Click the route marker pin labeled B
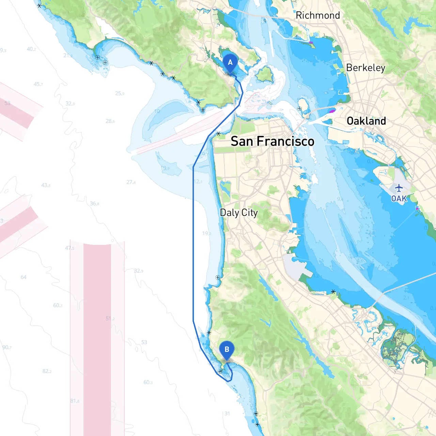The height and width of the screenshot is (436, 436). click(x=227, y=350)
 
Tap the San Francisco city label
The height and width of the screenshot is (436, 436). click(x=272, y=141)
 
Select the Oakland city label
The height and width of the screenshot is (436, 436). click(x=366, y=121)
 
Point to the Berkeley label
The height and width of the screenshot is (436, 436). click(x=365, y=68)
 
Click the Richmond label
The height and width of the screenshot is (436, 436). click(x=317, y=15)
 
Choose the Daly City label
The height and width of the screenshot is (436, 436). click(x=239, y=213)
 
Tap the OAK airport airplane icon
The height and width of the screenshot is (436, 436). click(x=399, y=188)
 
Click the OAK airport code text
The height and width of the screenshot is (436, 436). click(x=399, y=199)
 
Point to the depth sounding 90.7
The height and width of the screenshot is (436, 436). click(x=7, y=347)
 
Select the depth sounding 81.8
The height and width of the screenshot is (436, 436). click(x=75, y=401)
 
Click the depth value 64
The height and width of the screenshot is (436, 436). click(x=24, y=277)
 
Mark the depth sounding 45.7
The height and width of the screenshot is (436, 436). click(x=38, y=84)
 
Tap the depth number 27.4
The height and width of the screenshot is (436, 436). click(x=131, y=182)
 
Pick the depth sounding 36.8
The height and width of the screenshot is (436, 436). click(x=94, y=204)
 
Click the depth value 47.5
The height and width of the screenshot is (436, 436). click(x=69, y=248)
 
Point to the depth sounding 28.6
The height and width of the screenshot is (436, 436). click(x=110, y=121)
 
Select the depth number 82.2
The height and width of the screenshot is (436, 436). click(x=47, y=371)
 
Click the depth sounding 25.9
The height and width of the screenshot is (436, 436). click(x=120, y=93)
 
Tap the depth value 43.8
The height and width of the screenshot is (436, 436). click(x=46, y=185)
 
